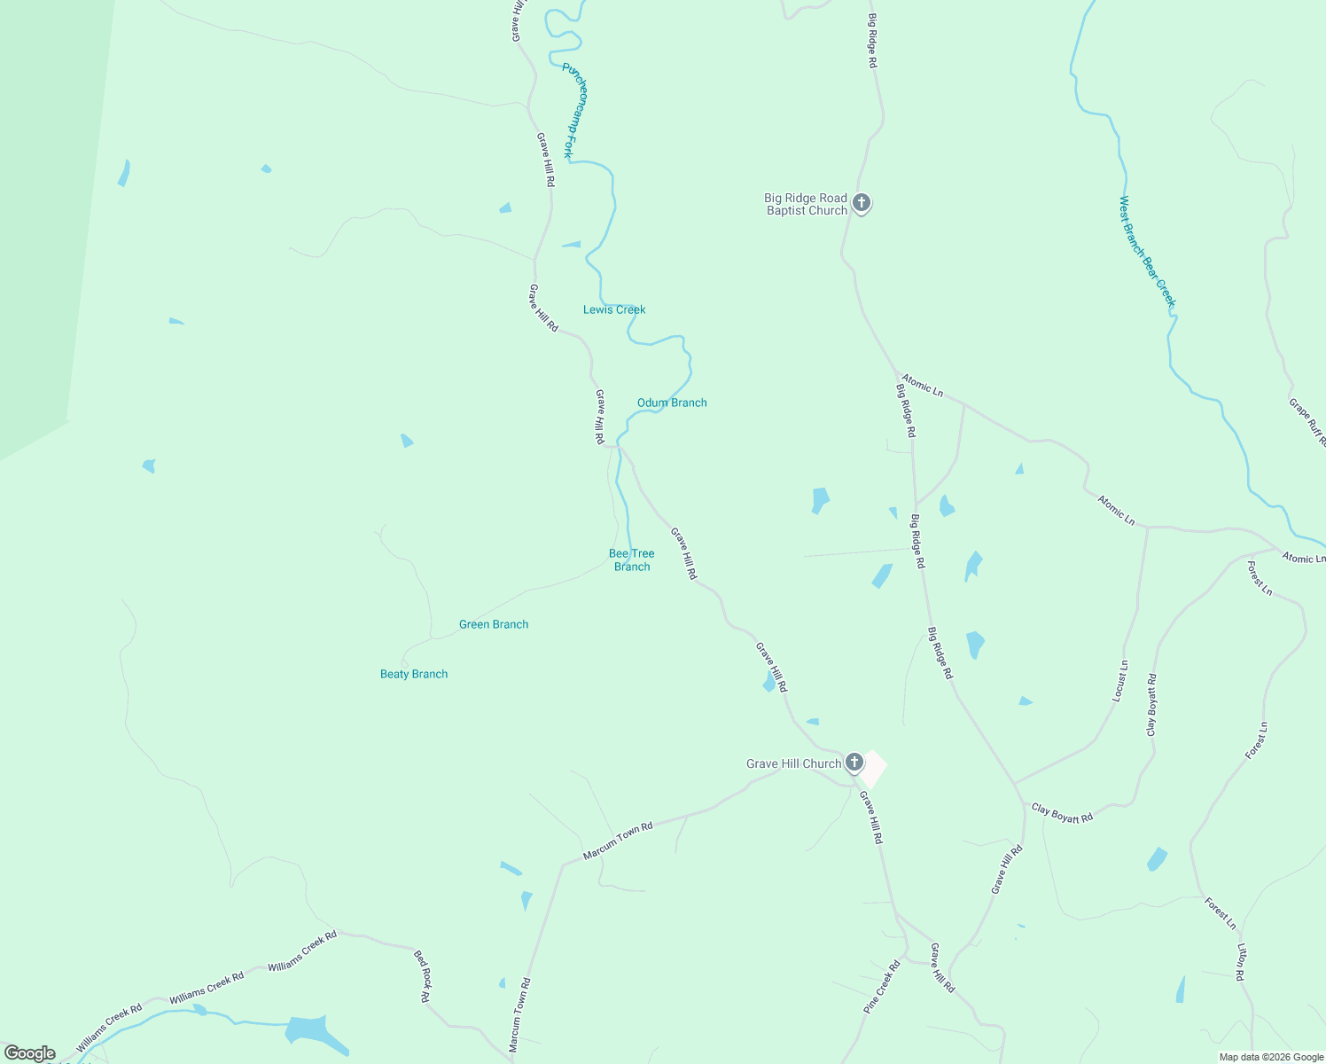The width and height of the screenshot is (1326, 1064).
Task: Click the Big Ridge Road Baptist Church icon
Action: point(861,203)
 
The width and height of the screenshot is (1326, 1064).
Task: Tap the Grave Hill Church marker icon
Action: point(854,762)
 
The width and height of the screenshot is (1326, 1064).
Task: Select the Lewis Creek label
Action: point(614,309)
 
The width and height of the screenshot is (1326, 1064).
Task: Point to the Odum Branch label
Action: point(672,403)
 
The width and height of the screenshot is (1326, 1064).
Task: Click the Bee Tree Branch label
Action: point(632,559)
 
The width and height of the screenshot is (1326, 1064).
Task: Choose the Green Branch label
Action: point(494,624)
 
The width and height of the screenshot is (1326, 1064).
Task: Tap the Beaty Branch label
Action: point(414,674)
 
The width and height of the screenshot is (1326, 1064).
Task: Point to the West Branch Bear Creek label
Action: point(1147,252)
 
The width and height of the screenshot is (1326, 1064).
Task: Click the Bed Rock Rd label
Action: point(424,975)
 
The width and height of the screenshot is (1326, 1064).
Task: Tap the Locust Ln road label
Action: point(1120,681)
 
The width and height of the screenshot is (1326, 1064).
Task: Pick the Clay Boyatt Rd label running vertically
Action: point(1151,705)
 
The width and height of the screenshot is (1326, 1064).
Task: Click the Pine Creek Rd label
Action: point(882,987)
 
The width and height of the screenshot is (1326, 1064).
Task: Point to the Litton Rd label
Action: point(1242,963)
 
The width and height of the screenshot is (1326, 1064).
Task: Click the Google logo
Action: point(29,1053)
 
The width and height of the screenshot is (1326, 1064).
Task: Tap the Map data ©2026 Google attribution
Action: point(1271,1057)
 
